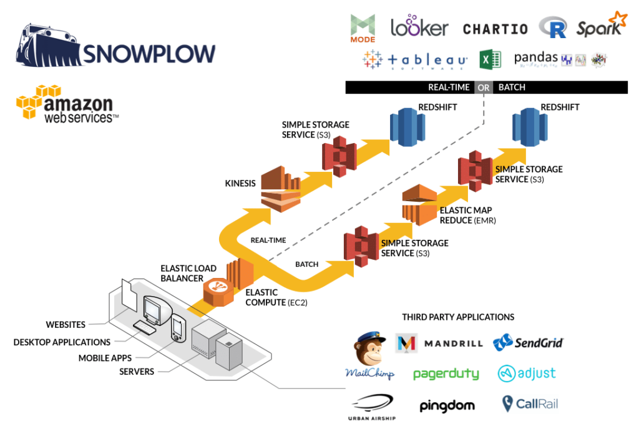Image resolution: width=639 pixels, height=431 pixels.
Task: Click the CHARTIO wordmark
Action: (x=495, y=29)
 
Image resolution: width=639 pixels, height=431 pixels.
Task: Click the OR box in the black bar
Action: (x=484, y=87)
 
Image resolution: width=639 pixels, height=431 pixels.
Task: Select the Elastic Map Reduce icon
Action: (x=419, y=204)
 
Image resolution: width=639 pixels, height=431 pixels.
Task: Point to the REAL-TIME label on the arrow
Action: (x=268, y=240)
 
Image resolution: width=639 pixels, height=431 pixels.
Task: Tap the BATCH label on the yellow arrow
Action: (x=306, y=264)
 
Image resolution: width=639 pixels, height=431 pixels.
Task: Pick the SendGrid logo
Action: (x=528, y=342)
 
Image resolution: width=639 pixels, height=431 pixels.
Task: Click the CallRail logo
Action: (x=530, y=404)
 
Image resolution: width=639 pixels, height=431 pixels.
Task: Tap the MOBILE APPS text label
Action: (x=104, y=358)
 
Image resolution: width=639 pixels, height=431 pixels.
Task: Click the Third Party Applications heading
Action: (x=458, y=317)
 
